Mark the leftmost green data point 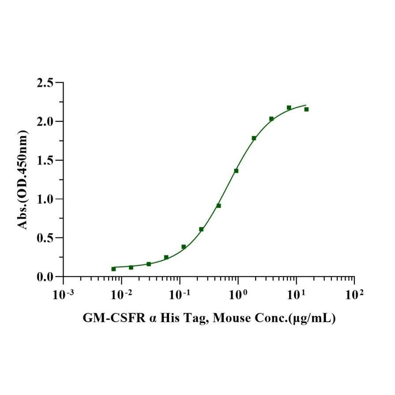[113, 269]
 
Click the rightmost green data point [306, 109]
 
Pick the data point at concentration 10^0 [236, 171]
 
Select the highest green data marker [289, 108]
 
